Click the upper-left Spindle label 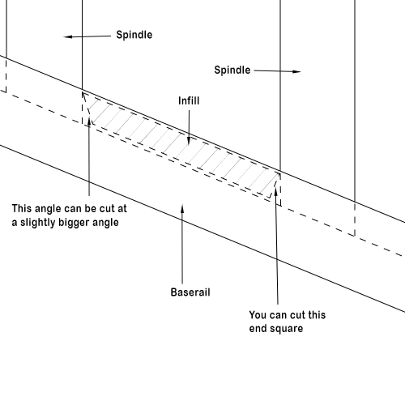(134, 35)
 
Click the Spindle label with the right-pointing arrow (232, 70)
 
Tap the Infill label (189, 100)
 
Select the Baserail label (190, 292)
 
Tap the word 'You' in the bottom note (258, 315)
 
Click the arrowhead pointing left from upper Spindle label (67, 36)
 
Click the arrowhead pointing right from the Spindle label (296, 71)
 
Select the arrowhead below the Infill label (189, 142)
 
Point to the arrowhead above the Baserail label (182, 209)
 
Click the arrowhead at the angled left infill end (89, 122)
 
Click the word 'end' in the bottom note (258, 329)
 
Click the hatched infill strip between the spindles (181, 146)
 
